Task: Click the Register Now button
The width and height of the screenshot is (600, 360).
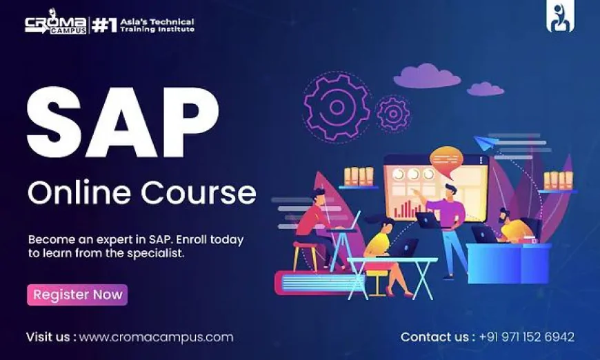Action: coord(77,294)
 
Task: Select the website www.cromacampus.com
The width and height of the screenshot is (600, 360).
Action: coord(156,337)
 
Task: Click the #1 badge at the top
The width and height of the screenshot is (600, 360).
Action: coord(103,26)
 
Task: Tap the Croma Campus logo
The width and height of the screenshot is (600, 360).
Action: coord(56,26)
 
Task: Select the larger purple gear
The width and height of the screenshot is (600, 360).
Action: coord(337,108)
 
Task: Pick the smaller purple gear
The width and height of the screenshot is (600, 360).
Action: coord(394,112)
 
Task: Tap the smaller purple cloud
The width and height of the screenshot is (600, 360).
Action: coord(485,88)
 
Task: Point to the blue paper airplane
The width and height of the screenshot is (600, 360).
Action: coord(487,143)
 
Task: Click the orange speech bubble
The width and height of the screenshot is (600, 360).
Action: coord(446,159)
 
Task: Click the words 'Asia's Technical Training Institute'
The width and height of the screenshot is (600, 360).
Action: coord(157,26)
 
